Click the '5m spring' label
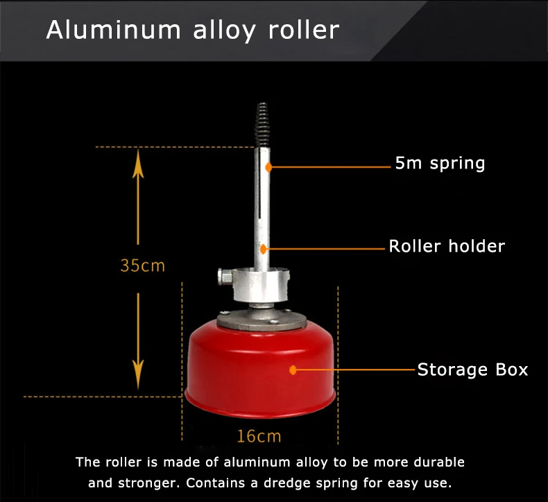(440, 164)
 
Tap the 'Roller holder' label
(447, 246)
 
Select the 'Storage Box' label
(472, 370)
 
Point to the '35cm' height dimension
(142, 266)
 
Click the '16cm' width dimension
(259, 436)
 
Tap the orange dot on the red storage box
(293, 370)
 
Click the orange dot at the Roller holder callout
(264, 247)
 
